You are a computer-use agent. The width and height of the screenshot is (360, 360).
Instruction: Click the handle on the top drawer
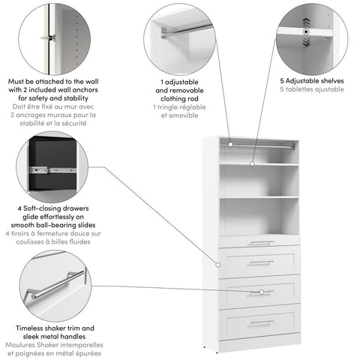click(261, 243)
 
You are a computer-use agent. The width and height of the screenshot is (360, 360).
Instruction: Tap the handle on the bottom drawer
click(261, 322)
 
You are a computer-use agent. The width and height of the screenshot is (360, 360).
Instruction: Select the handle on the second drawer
click(261, 262)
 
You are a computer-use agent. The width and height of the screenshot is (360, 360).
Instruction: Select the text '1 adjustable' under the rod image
click(180, 80)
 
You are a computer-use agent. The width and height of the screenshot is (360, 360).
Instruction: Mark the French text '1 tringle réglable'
click(180, 107)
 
